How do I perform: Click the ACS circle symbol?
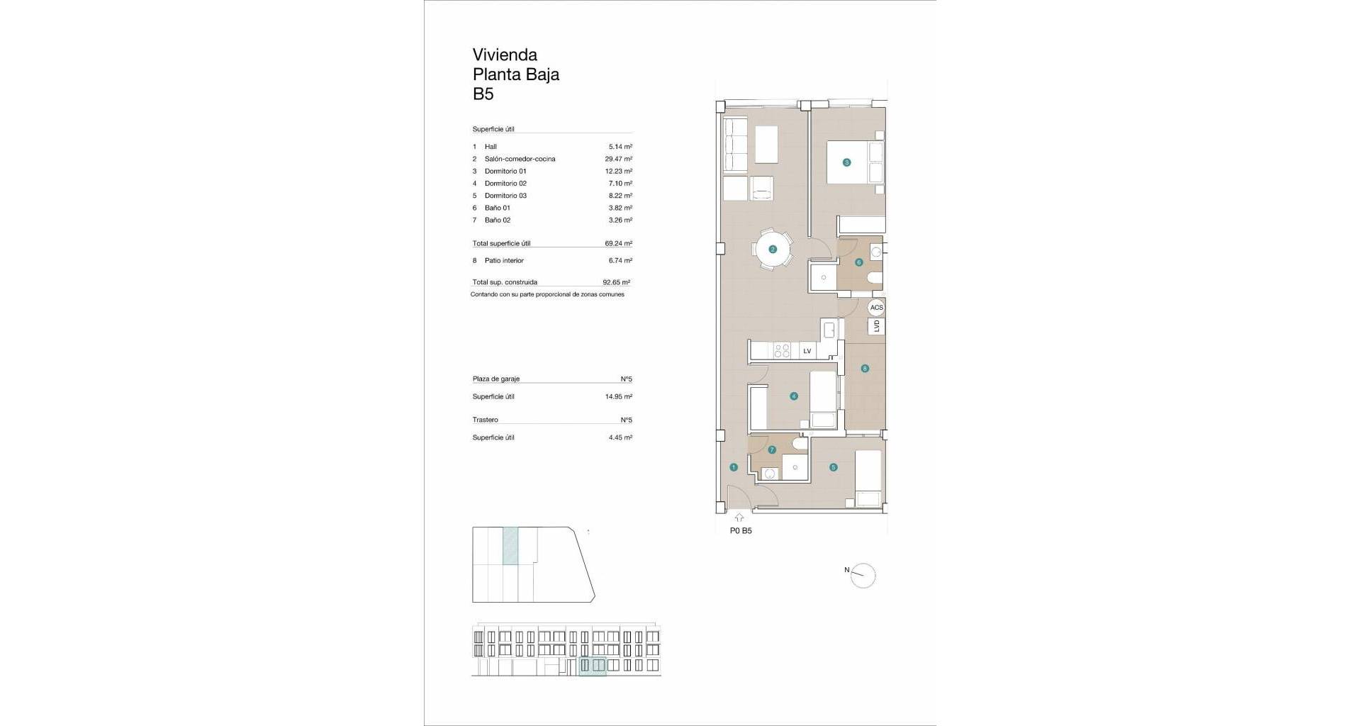[877, 308]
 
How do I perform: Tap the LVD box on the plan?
[877, 326]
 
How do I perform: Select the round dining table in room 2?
[773, 249]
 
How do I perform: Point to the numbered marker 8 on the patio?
[865, 368]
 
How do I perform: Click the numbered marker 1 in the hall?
[734, 467]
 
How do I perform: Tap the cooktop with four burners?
[782, 350]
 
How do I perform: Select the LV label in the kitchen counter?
[807, 351]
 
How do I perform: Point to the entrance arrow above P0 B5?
[739, 518]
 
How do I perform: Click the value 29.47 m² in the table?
[618, 159]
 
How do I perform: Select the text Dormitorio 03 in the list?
[505, 196]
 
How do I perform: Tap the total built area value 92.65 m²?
[617, 282]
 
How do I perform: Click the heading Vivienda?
[505, 55]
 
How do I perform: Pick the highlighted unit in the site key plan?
[510, 546]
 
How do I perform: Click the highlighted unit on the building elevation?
[593, 666]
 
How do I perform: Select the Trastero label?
[485, 420]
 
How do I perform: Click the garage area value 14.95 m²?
[619, 397]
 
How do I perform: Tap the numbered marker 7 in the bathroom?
[772, 449]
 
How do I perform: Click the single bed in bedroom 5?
[868, 479]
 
